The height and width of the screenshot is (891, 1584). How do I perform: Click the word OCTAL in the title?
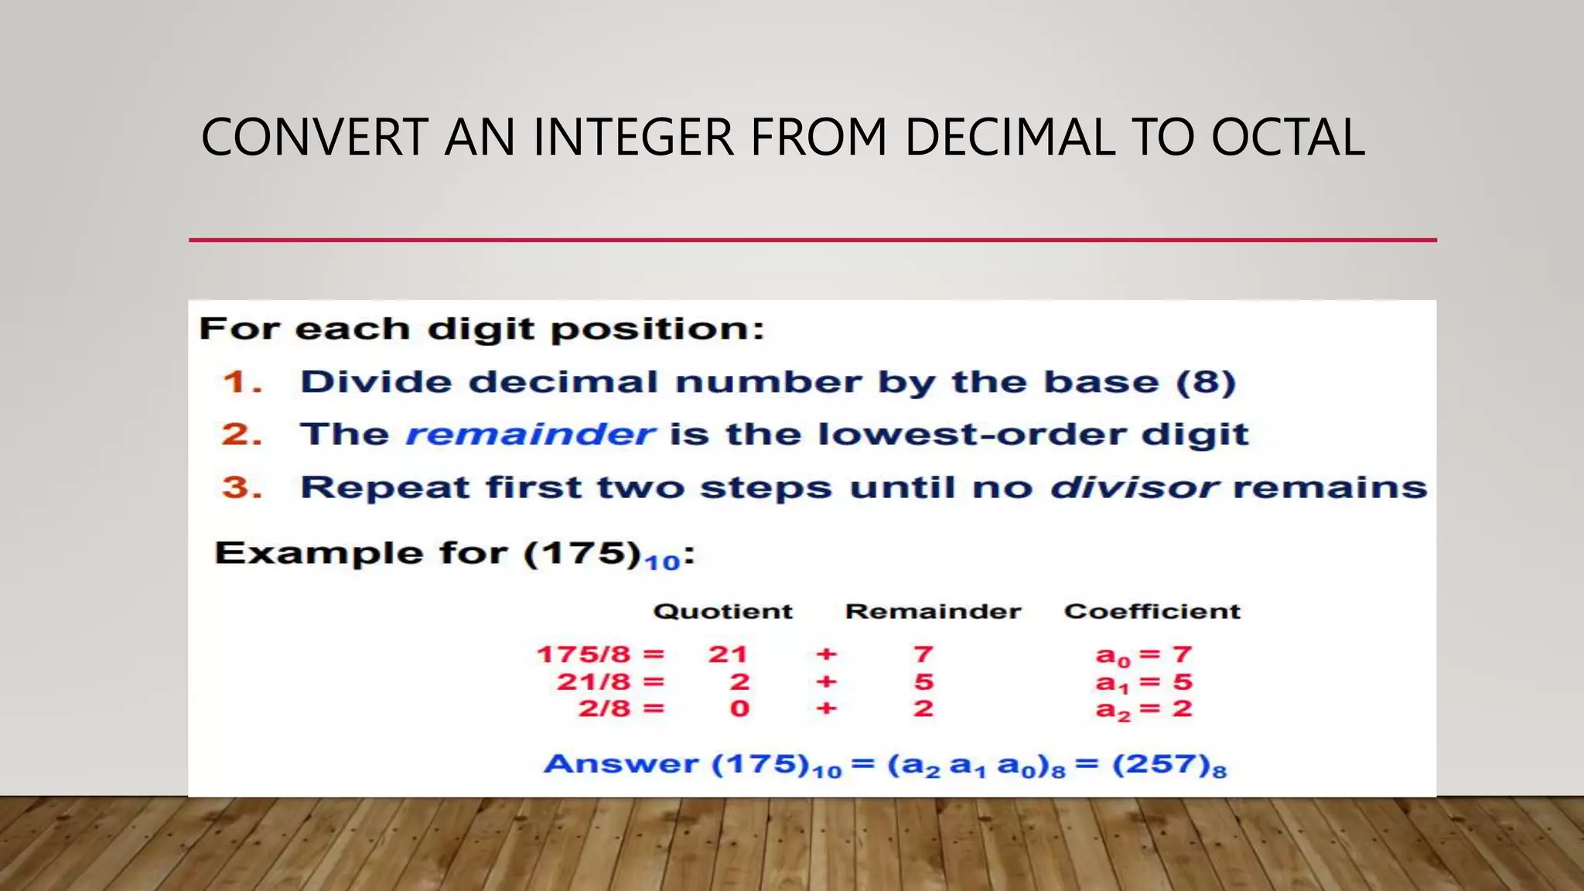tap(1287, 138)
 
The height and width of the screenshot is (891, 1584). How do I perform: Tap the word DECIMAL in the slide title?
tap(1009, 138)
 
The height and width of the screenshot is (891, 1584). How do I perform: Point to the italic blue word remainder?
tap(531, 435)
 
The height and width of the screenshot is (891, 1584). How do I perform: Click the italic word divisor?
tap(1134, 488)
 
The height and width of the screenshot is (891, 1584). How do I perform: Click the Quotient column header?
tap(723, 612)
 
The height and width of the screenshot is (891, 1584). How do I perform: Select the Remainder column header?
tap(933, 612)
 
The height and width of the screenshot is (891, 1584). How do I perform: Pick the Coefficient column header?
tap(1152, 612)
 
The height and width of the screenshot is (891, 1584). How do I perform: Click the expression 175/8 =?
tap(600, 655)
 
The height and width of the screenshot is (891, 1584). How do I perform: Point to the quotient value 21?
tap(728, 655)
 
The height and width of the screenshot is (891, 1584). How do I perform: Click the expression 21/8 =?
tap(610, 682)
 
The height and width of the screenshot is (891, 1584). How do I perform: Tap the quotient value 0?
tap(739, 708)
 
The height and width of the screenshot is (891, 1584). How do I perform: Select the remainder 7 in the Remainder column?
tap(923, 655)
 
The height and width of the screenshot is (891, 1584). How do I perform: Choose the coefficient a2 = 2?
tap(1144, 709)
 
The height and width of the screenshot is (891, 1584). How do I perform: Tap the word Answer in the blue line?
tap(621, 764)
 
